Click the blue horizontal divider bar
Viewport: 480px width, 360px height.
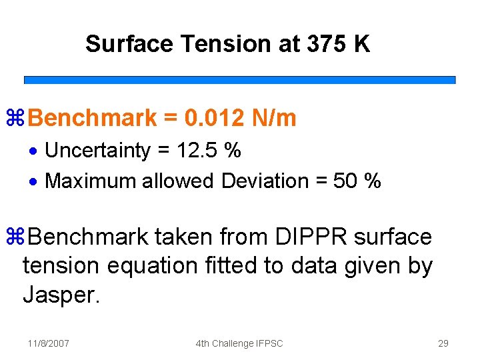(x=240, y=79)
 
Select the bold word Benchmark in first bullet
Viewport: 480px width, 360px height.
(x=93, y=119)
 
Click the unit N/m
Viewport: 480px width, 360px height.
(x=275, y=119)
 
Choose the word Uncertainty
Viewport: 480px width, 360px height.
(x=97, y=151)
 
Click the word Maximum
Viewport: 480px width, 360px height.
(x=91, y=181)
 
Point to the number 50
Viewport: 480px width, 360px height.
(x=345, y=181)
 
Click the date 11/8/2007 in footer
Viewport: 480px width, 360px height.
(x=49, y=343)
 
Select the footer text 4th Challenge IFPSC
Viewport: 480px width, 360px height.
(x=239, y=343)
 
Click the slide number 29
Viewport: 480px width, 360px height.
(x=443, y=343)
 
